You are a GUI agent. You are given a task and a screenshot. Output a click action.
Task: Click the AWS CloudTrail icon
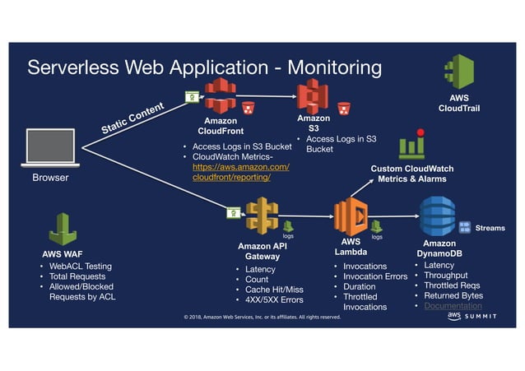point(459,72)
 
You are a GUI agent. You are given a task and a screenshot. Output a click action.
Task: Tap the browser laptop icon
point(51,146)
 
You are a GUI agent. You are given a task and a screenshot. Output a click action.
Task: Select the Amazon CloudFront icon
point(220,96)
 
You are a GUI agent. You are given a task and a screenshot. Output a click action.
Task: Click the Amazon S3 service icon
point(313,95)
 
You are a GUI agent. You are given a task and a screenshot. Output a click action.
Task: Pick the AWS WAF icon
point(62,228)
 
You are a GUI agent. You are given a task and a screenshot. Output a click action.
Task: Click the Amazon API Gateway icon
point(262,216)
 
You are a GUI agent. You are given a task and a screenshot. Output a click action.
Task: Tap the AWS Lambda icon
point(350,216)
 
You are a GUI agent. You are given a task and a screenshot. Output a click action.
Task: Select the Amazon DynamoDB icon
point(437,216)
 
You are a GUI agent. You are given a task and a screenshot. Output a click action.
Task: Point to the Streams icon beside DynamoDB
point(464,227)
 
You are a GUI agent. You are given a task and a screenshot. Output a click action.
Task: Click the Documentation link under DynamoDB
point(453,306)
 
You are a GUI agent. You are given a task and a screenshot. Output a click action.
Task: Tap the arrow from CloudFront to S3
point(267,97)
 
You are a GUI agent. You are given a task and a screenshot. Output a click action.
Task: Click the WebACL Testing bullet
point(80,267)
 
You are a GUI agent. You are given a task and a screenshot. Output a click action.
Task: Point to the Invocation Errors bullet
point(374,276)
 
